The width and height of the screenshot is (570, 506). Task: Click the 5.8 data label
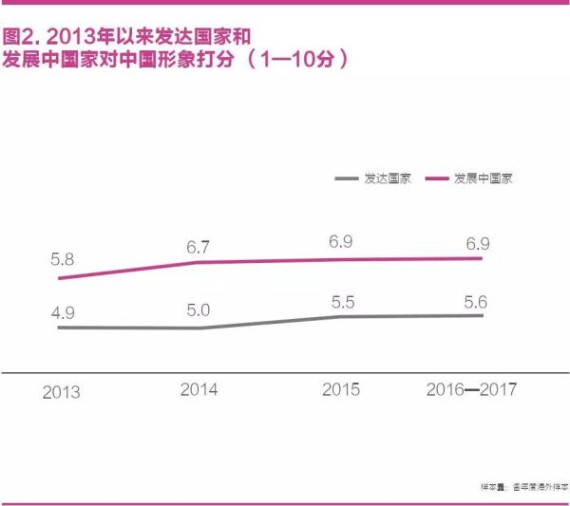(62, 256)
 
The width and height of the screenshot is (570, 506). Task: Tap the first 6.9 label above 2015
(341, 242)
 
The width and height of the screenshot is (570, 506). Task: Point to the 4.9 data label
(62, 309)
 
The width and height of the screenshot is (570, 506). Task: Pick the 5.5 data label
(341, 300)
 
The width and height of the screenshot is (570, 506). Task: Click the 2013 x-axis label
(62, 391)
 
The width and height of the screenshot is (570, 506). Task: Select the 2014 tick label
(199, 389)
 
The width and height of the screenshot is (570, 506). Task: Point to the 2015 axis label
(341, 389)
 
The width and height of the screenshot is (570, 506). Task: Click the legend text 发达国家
(387, 178)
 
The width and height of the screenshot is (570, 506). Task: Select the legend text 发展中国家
(483, 178)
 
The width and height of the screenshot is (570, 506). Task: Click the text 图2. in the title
(21, 38)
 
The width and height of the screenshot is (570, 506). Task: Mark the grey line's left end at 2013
(59, 328)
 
